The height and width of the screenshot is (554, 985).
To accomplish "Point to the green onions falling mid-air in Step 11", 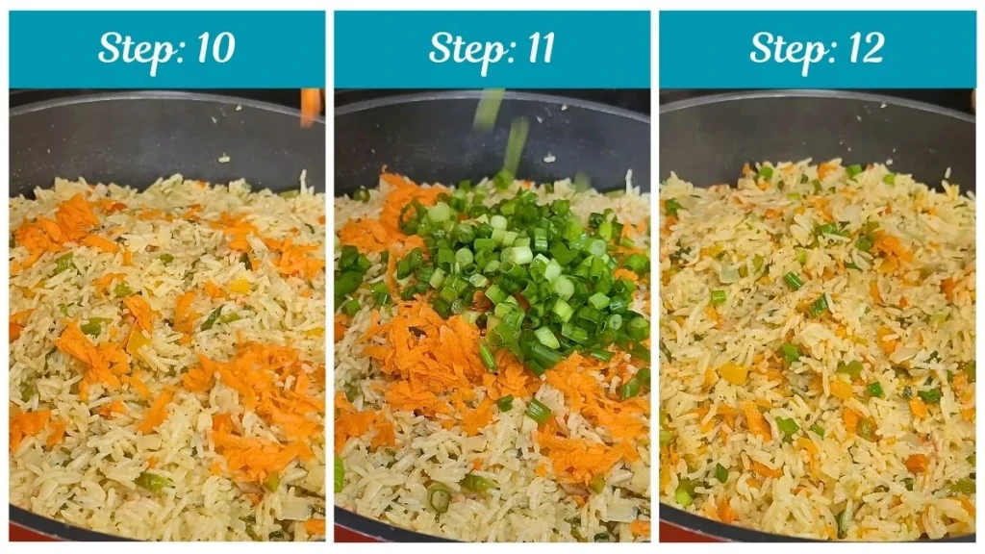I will [505, 130].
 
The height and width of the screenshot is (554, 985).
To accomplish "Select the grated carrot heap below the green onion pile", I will [433, 346].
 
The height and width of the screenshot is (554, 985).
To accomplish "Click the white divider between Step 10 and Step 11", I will [330, 289].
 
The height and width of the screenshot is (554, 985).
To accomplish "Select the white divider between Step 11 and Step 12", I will [654, 289].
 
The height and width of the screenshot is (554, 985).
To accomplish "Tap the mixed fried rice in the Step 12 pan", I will [818, 365].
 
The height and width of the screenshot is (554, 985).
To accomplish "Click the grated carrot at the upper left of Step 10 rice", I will [58, 226].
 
